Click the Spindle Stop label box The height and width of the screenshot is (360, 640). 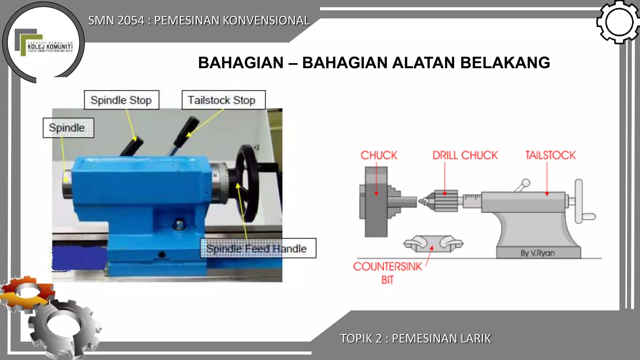(121, 100)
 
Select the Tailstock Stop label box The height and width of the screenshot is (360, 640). (223, 100)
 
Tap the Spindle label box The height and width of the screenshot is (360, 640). (68, 128)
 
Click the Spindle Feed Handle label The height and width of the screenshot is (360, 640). (257, 248)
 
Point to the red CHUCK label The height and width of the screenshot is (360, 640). (378, 155)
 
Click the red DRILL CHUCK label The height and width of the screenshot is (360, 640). (465, 155)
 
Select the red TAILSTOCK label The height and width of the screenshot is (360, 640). (550, 155)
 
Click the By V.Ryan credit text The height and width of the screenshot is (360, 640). (537, 253)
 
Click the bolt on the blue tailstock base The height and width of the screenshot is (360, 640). (179, 224)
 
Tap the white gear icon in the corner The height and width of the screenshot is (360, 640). (618, 22)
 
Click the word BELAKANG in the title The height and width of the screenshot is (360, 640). (505, 63)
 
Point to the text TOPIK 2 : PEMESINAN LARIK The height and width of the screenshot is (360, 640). (416, 338)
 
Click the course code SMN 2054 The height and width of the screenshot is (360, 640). (116, 21)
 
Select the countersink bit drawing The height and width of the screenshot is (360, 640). (433, 243)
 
